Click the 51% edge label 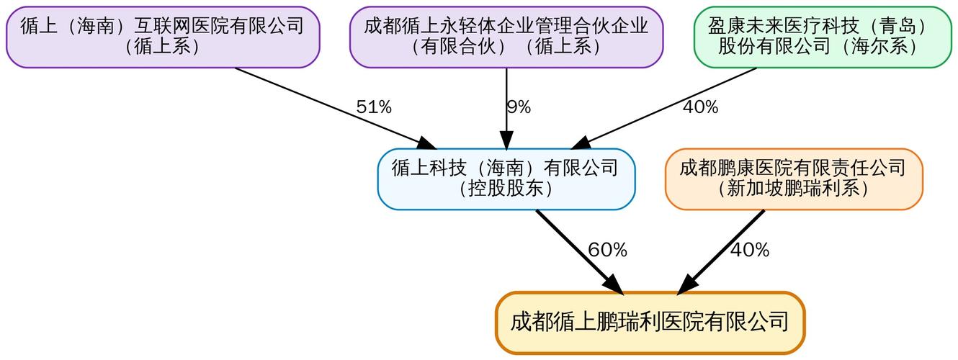[374, 107]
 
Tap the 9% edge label [518, 107]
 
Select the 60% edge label [607, 251]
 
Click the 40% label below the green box [700, 107]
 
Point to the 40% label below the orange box [750, 251]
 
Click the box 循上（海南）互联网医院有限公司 [162, 37]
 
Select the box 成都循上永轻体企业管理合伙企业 [506, 37]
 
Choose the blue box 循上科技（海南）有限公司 [506, 179]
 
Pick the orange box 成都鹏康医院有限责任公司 [793, 179]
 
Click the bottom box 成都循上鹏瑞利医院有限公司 [650, 322]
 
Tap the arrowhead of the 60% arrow [614, 285]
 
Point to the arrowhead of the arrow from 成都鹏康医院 [685, 285]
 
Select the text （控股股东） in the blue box [506, 189]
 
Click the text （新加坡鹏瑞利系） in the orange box [793, 189]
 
